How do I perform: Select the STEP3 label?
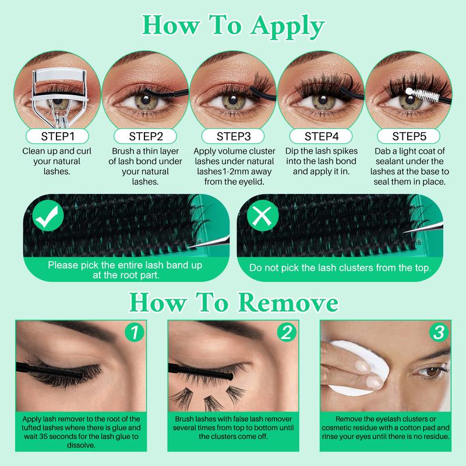(233, 137)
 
